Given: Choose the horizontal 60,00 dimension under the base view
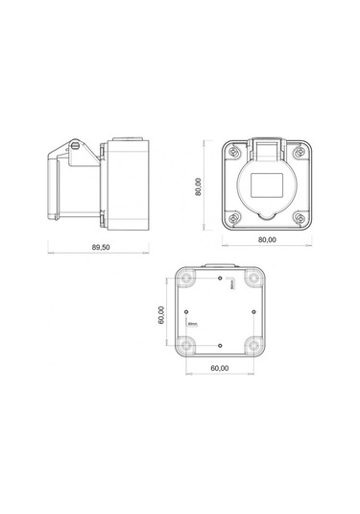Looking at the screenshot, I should [x=220, y=368].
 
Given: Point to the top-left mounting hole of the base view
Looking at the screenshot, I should [x=185, y=278].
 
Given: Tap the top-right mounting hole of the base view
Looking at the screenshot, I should [x=254, y=278].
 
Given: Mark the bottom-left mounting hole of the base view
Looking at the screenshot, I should [x=185, y=347].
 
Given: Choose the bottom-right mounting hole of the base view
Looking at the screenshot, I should [x=254, y=347].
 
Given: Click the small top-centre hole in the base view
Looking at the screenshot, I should [x=220, y=278].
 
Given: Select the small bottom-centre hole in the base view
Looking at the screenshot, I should [x=220, y=346].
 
